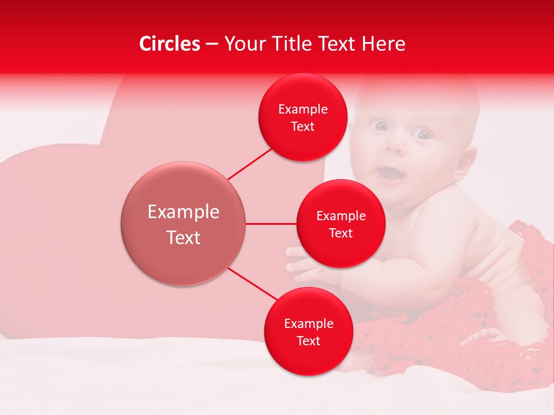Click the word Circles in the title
[169, 44]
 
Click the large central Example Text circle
[184, 224]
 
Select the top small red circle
[302, 118]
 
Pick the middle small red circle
[340, 224]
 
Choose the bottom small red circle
[308, 331]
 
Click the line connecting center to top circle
[250, 163]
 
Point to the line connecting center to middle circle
[271, 224]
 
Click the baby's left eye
[424, 135]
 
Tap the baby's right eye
[380, 125]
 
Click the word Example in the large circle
[184, 212]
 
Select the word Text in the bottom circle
[308, 341]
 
